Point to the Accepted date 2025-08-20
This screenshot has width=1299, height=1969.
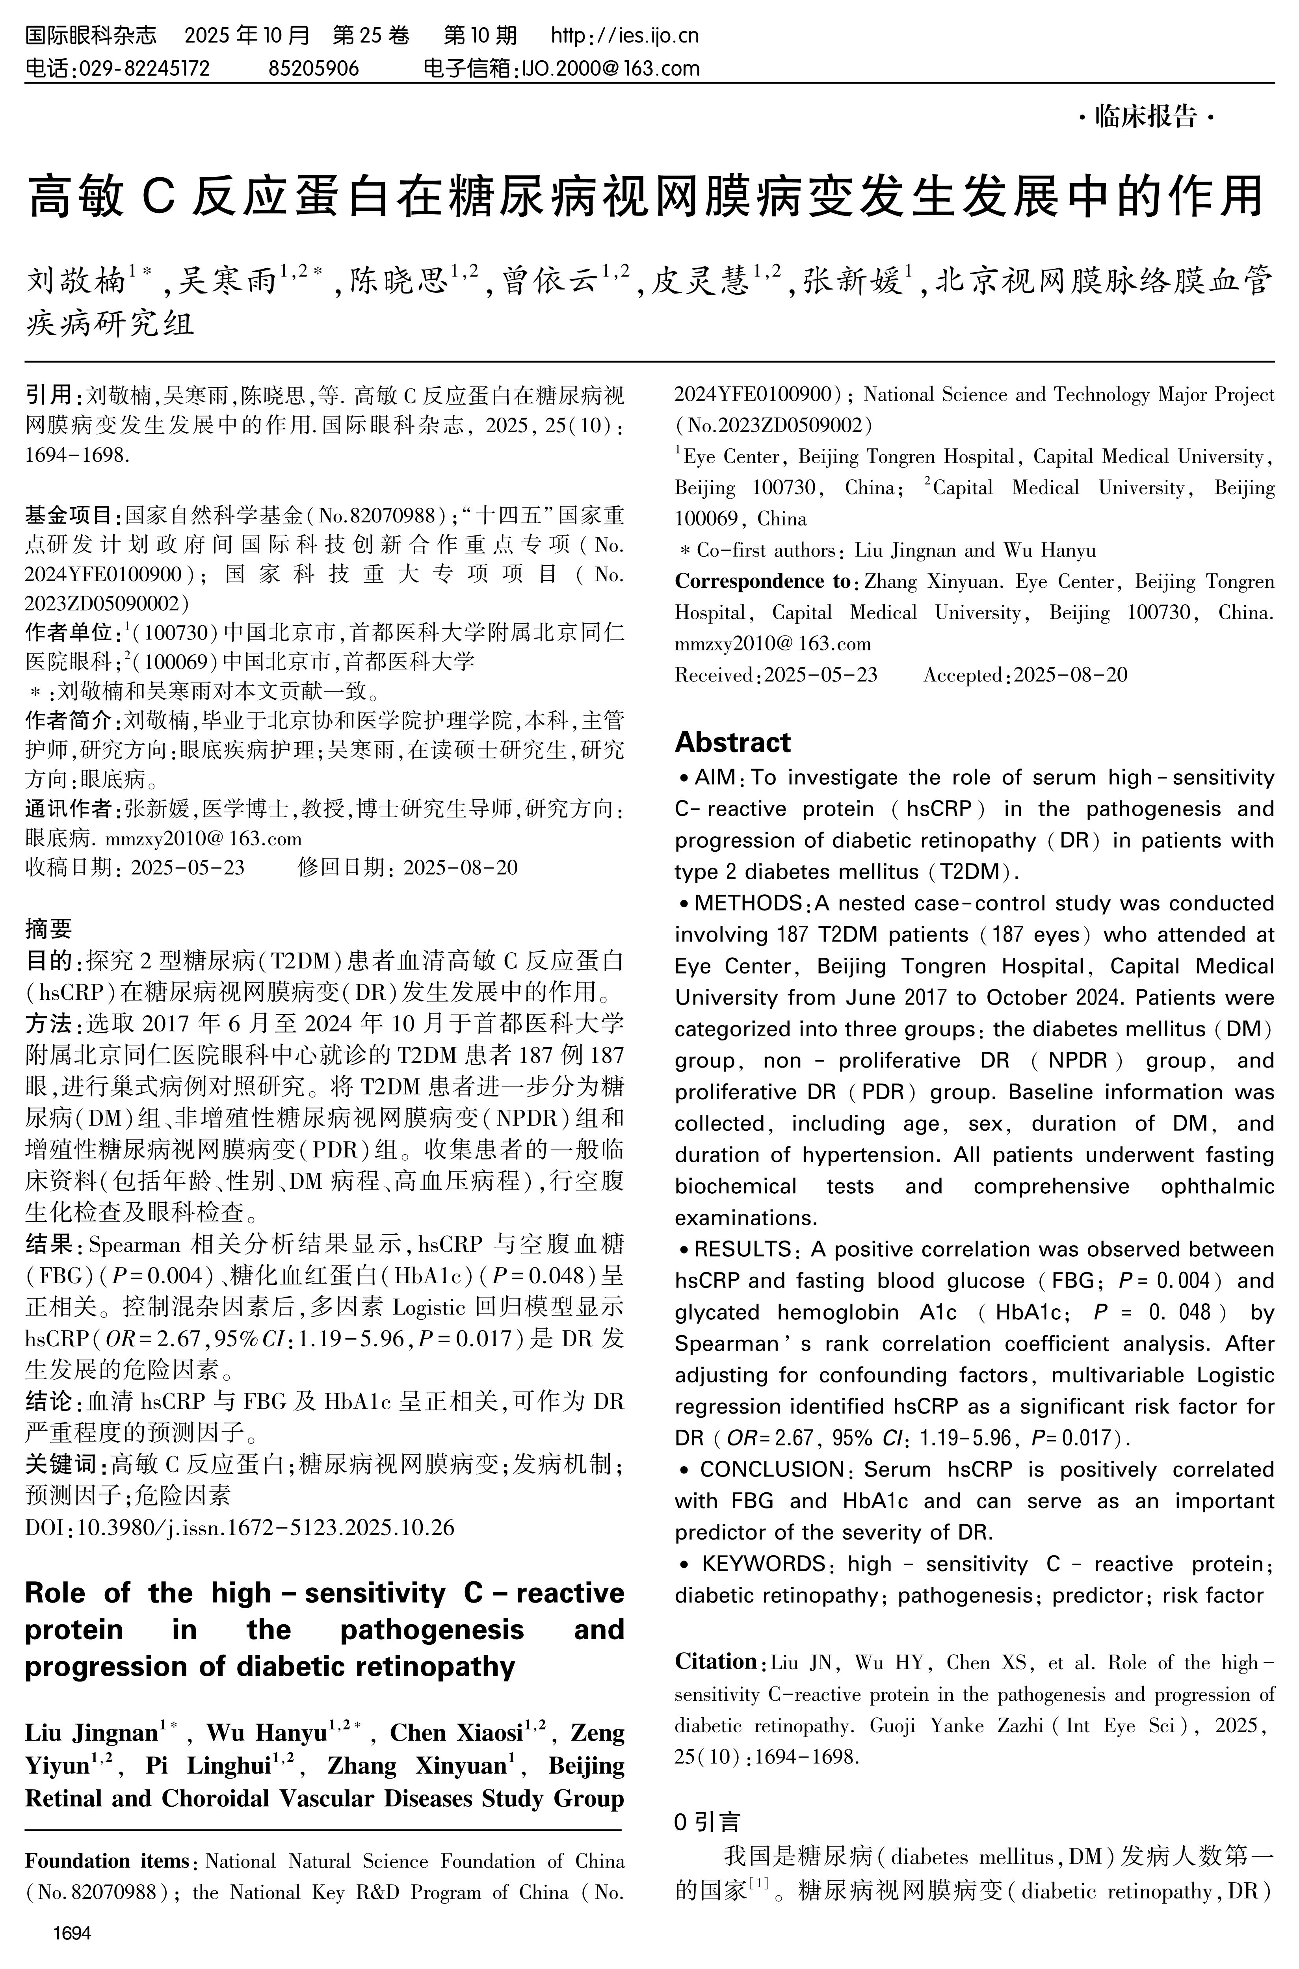point(1070,675)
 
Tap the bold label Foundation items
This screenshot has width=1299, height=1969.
point(108,1861)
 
